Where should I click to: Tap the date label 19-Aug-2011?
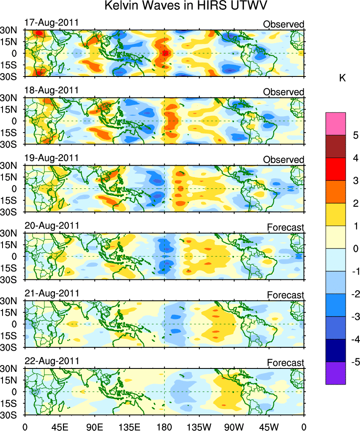[51, 158]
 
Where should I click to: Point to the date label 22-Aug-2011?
[51, 361]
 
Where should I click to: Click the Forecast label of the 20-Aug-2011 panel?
[285, 227]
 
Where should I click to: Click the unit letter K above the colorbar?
[343, 78]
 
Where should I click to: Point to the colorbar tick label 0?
[356, 248]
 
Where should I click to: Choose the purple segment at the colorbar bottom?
[335, 374]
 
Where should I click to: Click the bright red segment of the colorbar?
[335, 169]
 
